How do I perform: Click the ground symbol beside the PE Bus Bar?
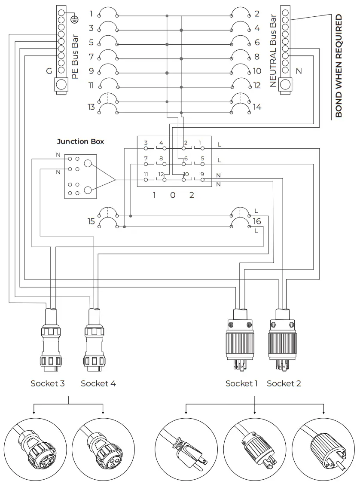point(74,19)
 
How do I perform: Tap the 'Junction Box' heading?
point(80,141)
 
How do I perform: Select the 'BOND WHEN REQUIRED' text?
point(339,66)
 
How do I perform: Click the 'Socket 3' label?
point(47,383)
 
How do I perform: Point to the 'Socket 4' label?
point(98,383)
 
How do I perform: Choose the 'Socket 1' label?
point(241,383)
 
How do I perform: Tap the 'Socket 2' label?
point(284,383)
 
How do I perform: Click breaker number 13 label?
point(91,107)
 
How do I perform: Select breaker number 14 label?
point(257,107)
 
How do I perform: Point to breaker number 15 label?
point(91,221)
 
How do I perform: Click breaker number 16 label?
point(256,221)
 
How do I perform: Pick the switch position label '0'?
point(173,195)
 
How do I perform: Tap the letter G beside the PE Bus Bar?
point(49,71)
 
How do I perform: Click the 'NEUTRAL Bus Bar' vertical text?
point(272,50)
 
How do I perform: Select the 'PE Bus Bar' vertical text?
point(75,57)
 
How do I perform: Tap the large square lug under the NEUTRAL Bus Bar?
point(285,85)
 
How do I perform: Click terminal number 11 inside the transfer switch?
point(146,175)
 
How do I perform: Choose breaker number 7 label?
point(91,57)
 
